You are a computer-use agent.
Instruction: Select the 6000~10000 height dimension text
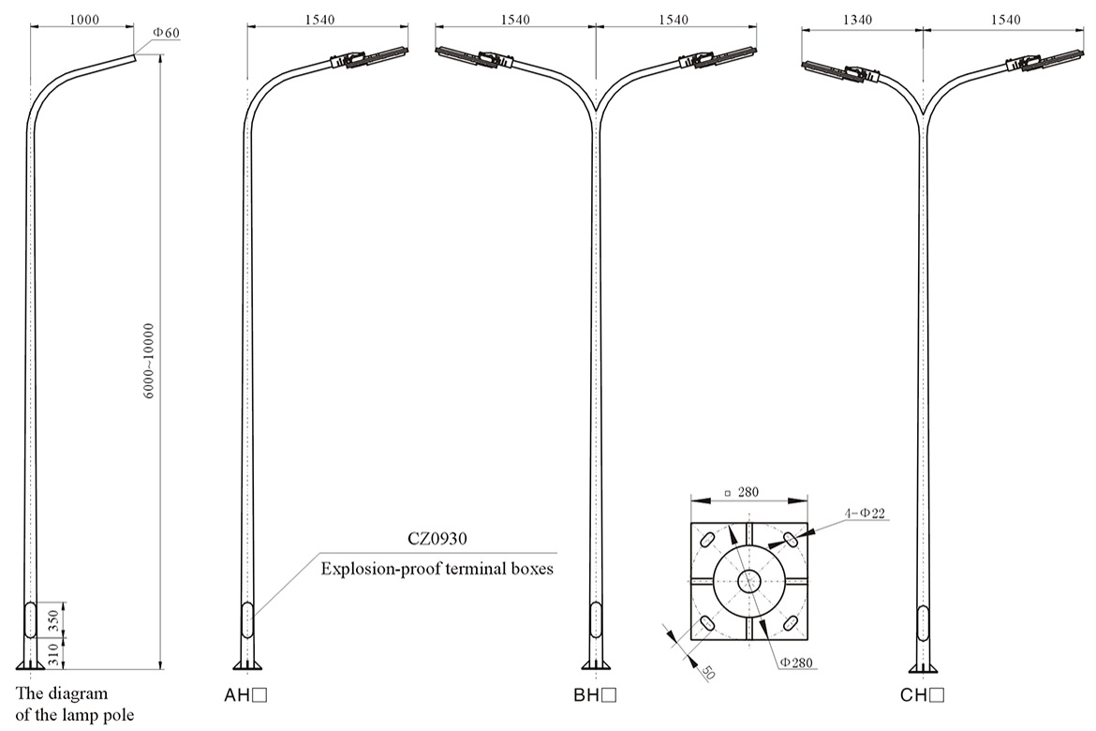[149, 363]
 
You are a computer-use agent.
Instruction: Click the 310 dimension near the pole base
[55, 650]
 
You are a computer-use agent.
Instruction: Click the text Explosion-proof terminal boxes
[437, 568]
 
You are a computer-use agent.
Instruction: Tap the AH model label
[246, 695]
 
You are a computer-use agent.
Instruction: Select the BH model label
[594, 695]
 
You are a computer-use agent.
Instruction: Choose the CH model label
[922, 695]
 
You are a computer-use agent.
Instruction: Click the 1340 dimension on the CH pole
[862, 19]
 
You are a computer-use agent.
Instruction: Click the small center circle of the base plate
[748, 582]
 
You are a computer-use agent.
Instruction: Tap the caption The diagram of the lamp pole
[75, 705]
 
